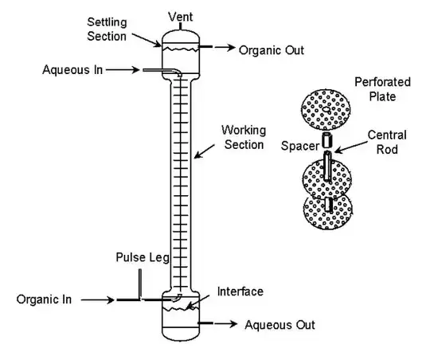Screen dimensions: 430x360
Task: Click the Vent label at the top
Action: click(181, 17)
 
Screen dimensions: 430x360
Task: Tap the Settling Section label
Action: click(107, 29)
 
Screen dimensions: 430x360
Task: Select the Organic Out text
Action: click(272, 50)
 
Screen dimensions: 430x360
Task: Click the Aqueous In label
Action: click(72, 70)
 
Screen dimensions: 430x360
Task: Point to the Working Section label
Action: click(244, 137)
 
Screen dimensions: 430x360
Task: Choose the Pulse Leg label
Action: click(143, 257)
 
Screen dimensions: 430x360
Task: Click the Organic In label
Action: click(44, 299)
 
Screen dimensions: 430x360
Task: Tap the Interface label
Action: click(240, 292)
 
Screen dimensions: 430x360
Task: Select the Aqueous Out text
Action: click(279, 325)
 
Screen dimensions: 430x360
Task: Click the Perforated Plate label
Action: click(382, 89)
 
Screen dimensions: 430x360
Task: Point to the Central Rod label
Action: click(387, 142)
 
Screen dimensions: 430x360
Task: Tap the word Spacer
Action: click(300, 146)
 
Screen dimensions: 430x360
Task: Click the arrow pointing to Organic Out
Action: click(225, 48)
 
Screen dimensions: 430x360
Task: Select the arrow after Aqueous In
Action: click(123, 70)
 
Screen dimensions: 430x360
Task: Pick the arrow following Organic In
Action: click(98, 300)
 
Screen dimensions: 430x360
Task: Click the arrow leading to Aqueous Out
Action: click(226, 324)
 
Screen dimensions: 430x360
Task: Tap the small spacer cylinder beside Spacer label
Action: click(326, 140)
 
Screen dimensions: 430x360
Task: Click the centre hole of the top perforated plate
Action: click(326, 109)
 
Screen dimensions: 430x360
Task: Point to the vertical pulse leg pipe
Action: click(140, 284)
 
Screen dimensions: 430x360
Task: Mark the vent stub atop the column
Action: click(181, 26)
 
